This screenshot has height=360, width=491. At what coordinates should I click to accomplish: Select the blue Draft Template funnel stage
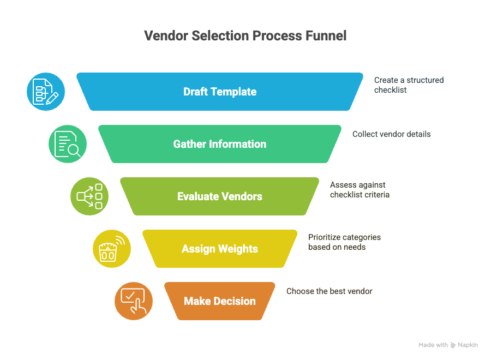tap(220, 92)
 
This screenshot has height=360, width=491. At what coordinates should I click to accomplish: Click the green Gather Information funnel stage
tap(220, 144)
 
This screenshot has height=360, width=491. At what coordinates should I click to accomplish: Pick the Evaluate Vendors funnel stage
tap(220, 196)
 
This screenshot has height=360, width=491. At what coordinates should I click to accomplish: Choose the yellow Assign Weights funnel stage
tap(220, 249)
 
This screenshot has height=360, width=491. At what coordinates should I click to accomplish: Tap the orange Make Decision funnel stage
tap(220, 301)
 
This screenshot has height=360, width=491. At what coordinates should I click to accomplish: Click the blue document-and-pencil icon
tap(46, 92)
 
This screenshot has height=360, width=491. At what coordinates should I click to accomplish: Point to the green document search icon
tap(68, 144)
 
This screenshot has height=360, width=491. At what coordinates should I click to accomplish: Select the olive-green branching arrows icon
tap(89, 196)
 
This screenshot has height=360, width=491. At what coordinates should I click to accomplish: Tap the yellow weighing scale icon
tap(112, 249)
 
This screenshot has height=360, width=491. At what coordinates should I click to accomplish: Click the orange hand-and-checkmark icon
tap(134, 301)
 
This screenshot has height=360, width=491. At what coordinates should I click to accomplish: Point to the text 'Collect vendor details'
tap(391, 134)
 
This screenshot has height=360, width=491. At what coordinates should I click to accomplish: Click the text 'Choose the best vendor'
tap(330, 291)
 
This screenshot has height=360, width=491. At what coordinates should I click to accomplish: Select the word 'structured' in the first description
tap(425, 80)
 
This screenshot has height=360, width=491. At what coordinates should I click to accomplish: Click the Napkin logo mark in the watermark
tap(453, 345)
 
